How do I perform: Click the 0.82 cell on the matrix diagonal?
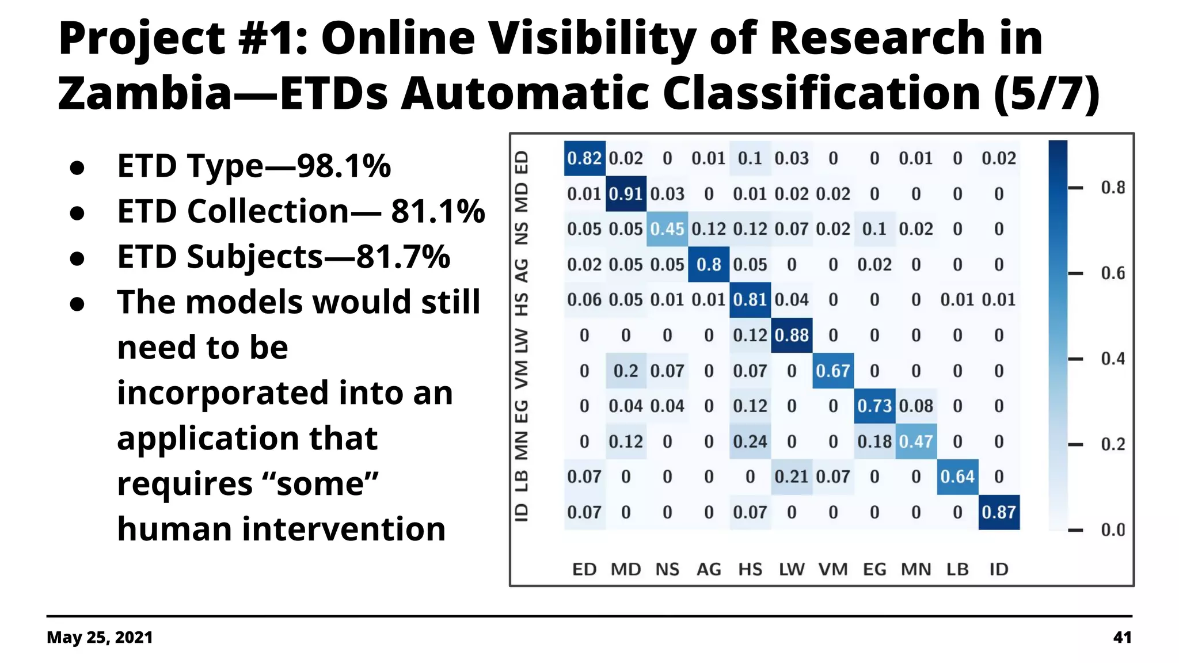(x=584, y=158)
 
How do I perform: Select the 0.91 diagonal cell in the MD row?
(x=626, y=194)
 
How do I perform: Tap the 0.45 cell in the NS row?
(x=667, y=229)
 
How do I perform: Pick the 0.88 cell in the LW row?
(x=792, y=336)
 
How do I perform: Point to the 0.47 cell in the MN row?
(x=916, y=441)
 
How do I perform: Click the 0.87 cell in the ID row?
(x=999, y=512)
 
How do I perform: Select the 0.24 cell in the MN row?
(x=750, y=441)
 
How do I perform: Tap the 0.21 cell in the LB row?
(x=792, y=477)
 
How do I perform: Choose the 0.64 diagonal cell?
(x=957, y=477)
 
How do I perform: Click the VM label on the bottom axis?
(x=833, y=570)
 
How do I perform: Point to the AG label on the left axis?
(x=521, y=270)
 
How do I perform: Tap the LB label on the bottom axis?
(x=957, y=570)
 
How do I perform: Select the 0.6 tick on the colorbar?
(x=1112, y=273)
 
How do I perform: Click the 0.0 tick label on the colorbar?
(x=1112, y=530)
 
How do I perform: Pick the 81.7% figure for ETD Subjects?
(x=403, y=257)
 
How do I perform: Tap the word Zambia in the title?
(x=144, y=93)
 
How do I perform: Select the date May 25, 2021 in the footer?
(x=100, y=638)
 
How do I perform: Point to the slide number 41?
(x=1122, y=638)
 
